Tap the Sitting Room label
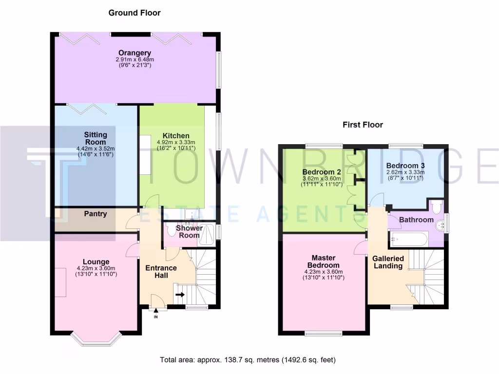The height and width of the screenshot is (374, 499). click(96, 138)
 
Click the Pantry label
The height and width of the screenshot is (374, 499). click(96, 213)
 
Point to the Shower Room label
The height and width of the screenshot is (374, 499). click(189, 231)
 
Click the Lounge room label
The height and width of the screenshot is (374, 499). click(96, 262)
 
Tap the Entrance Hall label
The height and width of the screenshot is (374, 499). click(161, 271)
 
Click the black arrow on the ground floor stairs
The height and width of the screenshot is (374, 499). click(180, 294)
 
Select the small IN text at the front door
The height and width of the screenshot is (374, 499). click(156, 317)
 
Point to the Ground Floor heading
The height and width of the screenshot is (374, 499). click(134, 13)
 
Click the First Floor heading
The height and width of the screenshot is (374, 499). click(363, 125)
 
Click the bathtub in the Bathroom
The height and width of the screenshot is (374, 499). click(409, 239)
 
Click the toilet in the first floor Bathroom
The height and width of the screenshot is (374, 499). click(438, 206)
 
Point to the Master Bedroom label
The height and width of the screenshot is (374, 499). click(324, 261)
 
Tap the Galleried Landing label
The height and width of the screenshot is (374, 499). click(388, 262)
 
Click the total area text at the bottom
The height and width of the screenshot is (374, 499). click(248, 360)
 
